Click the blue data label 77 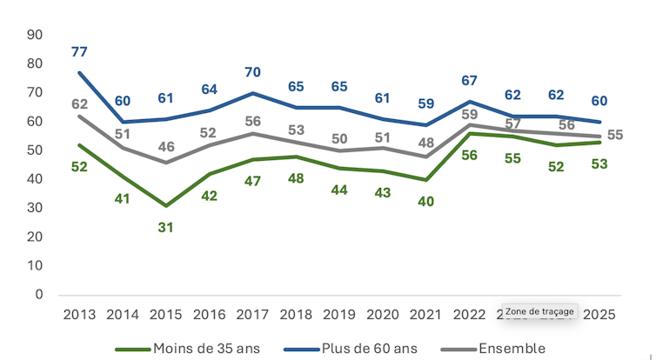80,52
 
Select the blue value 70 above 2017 253,72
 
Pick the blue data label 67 470,81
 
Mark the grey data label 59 471,114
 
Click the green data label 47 253,181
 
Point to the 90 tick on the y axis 35,35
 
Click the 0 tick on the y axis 39,295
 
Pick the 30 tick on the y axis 35,208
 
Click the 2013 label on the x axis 80,314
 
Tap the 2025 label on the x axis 599,314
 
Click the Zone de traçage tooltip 539,311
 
